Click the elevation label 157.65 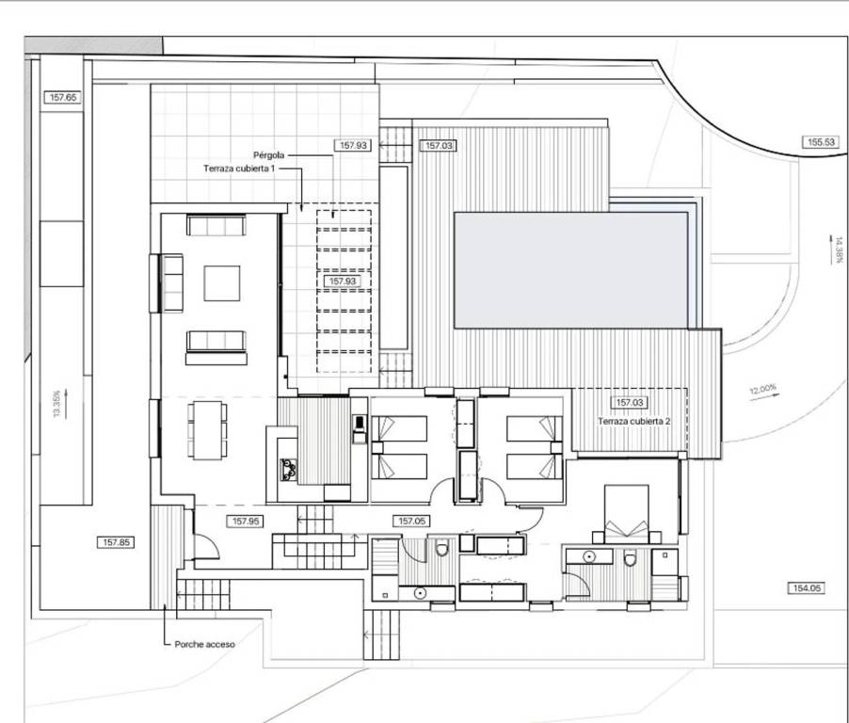tap(63, 98)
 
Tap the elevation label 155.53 tap(821, 142)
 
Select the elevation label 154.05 tap(807, 587)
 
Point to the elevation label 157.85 tap(116, 542)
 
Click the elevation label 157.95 tap(246, 521)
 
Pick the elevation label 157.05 tap(412, 521)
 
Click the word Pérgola tap(269, 155)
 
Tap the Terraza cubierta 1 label tap(239, 169)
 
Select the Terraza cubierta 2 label tap(634, 421)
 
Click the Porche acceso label tap(204, 645)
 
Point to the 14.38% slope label tap(839, 249)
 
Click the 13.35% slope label tap(56, 404)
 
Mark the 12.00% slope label tap(763, 389)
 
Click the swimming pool tap(571, 269)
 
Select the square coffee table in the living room tap(222, 283)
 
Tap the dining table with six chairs tap(207, 430)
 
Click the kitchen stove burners tap(288, 470)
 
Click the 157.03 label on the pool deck tap(439, 146)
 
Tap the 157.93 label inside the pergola tap(343, 281)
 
